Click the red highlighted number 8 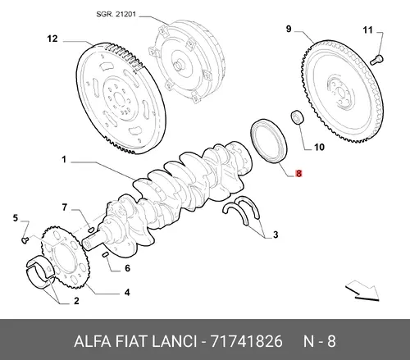tap(298, 173)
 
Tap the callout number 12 tap(52, 39)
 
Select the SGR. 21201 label tap(116, 14)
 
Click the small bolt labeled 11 tap(377, 59)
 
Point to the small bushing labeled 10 tap(297, 116)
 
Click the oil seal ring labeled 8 tap(268, 142)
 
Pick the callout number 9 tap(289, 29)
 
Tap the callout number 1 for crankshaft tap(64, 159)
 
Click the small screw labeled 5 tap(25, 240)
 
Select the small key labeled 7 tap(91, 228)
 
